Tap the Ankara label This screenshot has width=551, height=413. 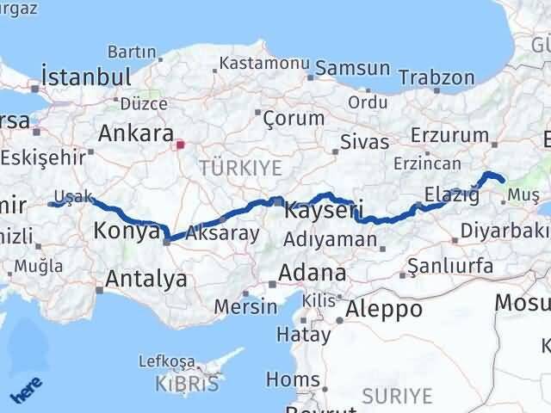pyautogui.click(x=135, y=133)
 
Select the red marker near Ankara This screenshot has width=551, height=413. pyautogui.click(x=180, y=145)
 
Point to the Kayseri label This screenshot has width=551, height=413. pyautogui.click(x=324, y=209)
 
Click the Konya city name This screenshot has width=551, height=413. pyautogui.click(x=127, y=231)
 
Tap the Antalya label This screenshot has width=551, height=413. pyautogui.click(x=145, y=278)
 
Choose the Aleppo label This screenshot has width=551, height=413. pyautogui.click(x=384, y=308)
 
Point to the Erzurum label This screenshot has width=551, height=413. pyautogui.click(x=450, y=135)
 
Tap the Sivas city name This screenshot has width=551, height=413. pyautogui.click(x=358, y=140)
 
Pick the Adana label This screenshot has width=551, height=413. pyautogui.click(x=310, y=274)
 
